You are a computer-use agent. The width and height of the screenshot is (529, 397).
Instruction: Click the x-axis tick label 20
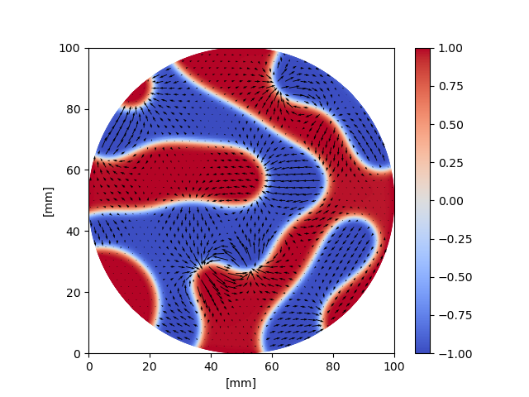pyautogui.click(x=150, y=365)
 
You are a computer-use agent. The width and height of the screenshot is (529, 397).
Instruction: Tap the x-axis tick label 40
pyautogui.click(x=211, y=365)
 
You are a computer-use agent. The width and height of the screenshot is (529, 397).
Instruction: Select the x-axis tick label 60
pyautogui.click(x=272, y=365)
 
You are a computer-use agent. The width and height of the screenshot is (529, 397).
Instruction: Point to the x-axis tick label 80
pyautogui.click(x=333, y=365)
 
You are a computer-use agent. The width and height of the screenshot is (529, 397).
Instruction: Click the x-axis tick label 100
pyautogui.click(x=394, y=365)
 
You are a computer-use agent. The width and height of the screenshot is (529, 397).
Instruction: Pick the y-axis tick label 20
pyautogui.click(x=74, y=293)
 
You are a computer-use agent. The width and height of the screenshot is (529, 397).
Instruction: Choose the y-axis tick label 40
pyautogui.click(x=74, y=232)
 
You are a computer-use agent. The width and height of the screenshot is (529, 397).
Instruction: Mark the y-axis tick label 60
pyautogui.click(x=74, y=170)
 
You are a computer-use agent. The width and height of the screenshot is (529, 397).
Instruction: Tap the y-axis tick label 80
pyautogui.click(x=74, y=109)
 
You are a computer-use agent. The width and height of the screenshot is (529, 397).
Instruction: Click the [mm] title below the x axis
pyautogui.click(x=241, y=382)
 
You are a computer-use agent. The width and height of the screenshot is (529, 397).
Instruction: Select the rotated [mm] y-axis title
pyautogui.click(x=48, y=201)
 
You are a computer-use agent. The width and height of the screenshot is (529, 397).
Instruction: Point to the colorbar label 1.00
pyautogui.click(x=449, y=48)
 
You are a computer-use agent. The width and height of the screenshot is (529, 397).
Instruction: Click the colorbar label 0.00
pyautogui.click(x=449, y=201)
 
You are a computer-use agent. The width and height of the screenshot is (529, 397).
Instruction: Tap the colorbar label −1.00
pyautogui.click(x=446, y=353)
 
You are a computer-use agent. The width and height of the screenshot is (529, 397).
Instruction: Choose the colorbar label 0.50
pyautogui.click(x=449, y=125)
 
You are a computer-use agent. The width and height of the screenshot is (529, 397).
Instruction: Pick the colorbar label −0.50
pyautogui.click(x=446, y=277)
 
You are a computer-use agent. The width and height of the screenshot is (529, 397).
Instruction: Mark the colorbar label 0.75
pyautogui.click(x=449, y=86)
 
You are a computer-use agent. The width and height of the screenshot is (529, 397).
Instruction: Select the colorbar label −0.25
pyautogui.click(x=446, y=239)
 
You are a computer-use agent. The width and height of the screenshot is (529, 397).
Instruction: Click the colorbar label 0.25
pyautogui.click(x=449, y=163)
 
